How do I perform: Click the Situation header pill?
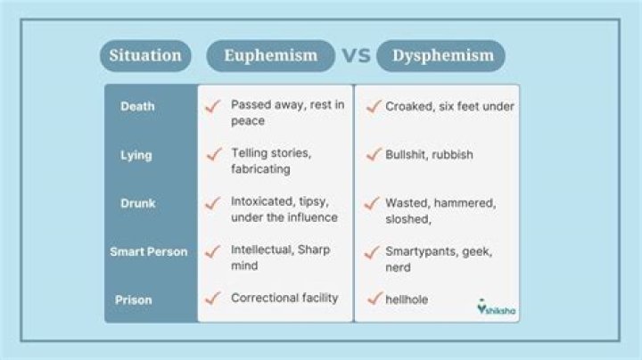(145, 56)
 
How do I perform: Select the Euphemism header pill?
(271, 56)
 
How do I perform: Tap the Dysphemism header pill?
(440, 56)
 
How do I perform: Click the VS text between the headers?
(356, 56)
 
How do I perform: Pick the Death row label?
(137, 107)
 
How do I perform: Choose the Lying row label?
(136, 155)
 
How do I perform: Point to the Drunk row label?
(138, 203)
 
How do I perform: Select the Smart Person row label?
(149, 251)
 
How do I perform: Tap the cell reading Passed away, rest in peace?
(287, 112)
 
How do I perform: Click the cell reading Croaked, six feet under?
(449, 107)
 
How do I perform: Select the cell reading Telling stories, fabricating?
(271, 160)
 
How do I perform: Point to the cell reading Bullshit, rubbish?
(429, 155)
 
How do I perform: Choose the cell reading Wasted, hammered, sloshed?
(440, 210)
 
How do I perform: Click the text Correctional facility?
(284, 298)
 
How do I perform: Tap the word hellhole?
(407, 299)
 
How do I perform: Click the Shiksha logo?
(497, 307)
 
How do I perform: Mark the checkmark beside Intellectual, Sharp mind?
(213, 251)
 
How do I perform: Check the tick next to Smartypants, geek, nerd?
(371, 252)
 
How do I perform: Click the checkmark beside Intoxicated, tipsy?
(213, 203)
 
